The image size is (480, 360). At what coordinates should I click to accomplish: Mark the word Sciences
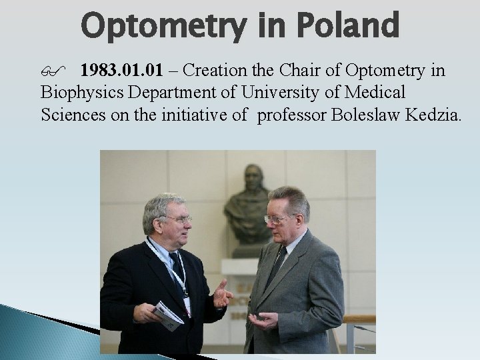(70, 115)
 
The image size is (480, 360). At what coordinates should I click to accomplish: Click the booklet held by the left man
(169, 315)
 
